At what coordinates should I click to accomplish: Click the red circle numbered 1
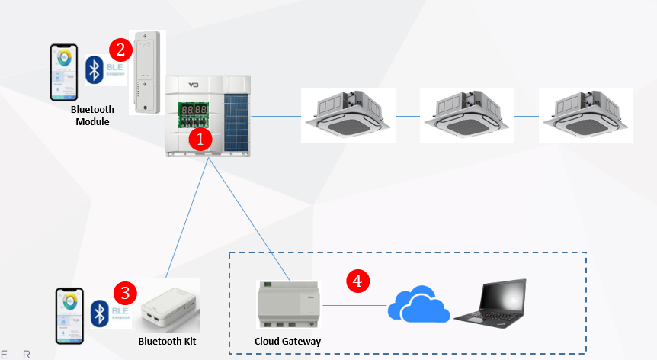click(x=200, y=138)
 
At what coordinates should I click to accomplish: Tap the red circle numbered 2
click(x=120, y=50)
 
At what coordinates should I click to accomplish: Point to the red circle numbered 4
click(x=357, y=280)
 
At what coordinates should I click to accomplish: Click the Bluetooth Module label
click(x=92, y=116)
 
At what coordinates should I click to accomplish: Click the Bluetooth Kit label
click(x=166, y=341)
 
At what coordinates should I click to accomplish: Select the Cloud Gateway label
click(x=287, y=341)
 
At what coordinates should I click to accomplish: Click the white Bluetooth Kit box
click(x=170, y=305)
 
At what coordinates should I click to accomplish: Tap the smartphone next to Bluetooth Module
click(x=64, y=72)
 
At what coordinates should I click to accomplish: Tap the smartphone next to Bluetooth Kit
click(x=69, y=313)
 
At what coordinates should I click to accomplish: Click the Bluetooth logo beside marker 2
click(x=94, y=69)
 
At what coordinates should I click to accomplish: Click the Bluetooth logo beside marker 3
click(x=98, y=313)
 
